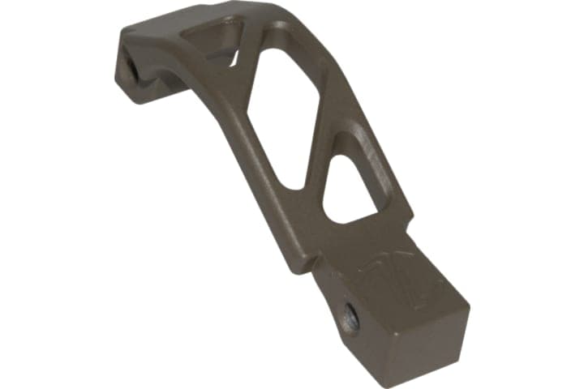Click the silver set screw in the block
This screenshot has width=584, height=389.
[x=351, y=318]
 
